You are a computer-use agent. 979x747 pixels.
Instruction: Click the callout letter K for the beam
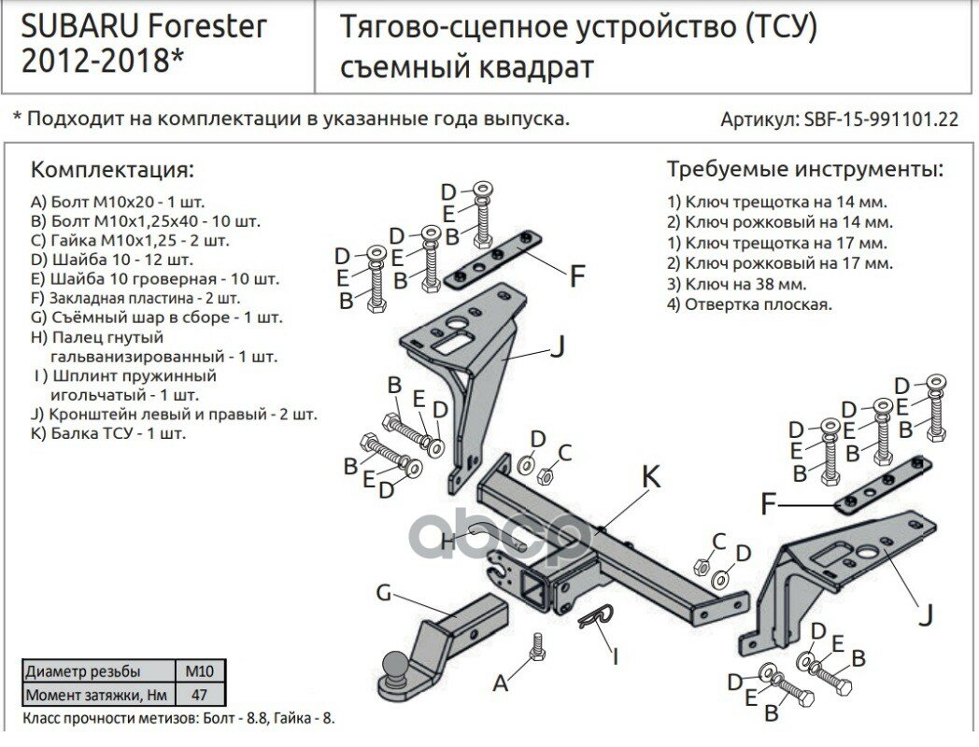coord(650,477)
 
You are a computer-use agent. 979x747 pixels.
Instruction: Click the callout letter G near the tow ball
coord(383,592)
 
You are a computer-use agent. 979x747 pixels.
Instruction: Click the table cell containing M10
coord(200,671)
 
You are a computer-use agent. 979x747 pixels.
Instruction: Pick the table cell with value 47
coord(200,695)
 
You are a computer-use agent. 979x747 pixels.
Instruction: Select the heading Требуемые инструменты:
coord(804,170)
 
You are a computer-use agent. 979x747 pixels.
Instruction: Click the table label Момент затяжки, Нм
coord(96,695)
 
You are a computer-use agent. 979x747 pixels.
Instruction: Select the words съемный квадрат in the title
coord(464,67)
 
